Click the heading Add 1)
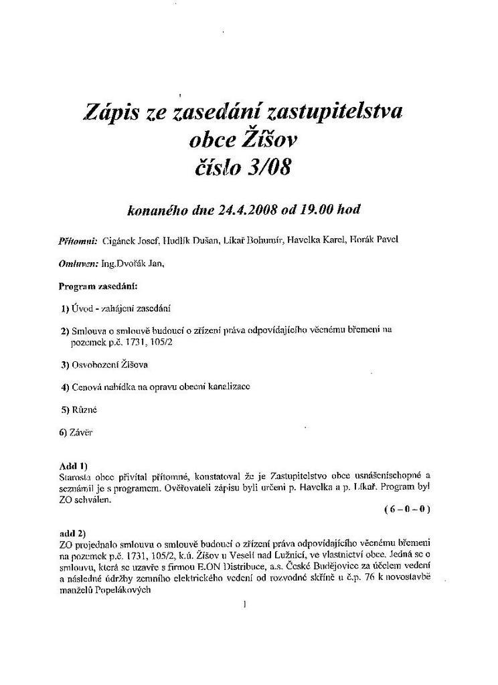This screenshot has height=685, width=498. [x=74, y=465]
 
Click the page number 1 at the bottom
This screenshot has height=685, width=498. [x=246, y=605]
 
